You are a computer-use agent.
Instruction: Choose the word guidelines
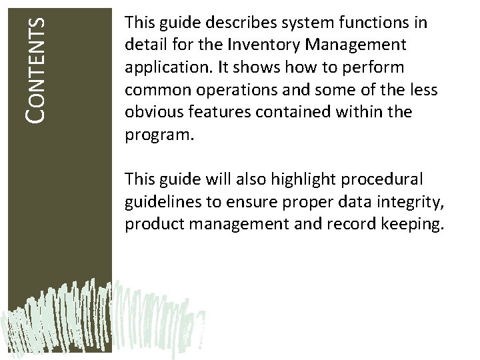pos(157,202)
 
